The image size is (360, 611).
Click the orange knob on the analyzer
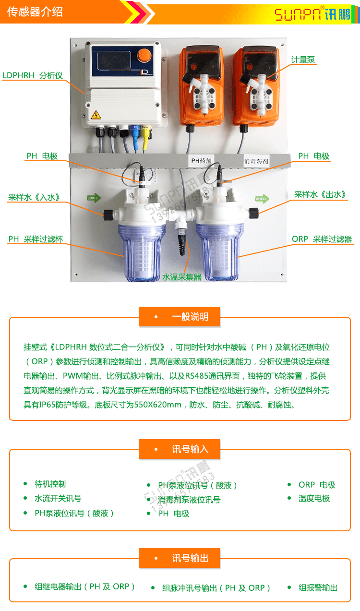point(144,56)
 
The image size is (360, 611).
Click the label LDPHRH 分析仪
point(33,75)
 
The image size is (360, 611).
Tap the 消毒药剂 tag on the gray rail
point(256,161)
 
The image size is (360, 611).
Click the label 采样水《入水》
point(34,197)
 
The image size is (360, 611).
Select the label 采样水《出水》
point(321,194)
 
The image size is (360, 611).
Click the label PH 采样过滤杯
point(36,239)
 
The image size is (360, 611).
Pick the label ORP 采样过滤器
point(322,239)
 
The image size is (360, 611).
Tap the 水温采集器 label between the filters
point(181,277)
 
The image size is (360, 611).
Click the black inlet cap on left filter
point(108,215)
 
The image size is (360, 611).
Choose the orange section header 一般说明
point(180,317)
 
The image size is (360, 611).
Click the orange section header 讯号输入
point(180,449)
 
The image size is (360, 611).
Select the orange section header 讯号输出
point(180,558)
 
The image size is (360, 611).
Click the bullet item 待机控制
point(50,484)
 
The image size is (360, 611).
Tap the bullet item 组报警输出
point(318,587)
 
